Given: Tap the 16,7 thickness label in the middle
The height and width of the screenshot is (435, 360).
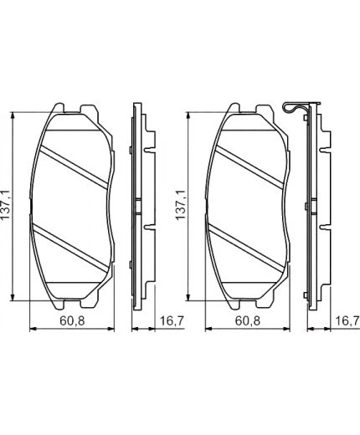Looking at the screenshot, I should pyautogui.click(x=170, y=320).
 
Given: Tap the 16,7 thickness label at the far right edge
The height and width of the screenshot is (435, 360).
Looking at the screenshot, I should pyautogui.click(x=347, y=320).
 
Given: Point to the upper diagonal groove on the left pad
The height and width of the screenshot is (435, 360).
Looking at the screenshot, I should pyautogui.click(x=75, y=164).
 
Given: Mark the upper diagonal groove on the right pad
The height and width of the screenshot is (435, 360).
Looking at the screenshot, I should pyautogui.click(x=251, y=164).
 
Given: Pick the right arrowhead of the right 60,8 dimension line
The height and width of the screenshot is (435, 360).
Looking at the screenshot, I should pyautogui.click(x=294, y=329).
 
